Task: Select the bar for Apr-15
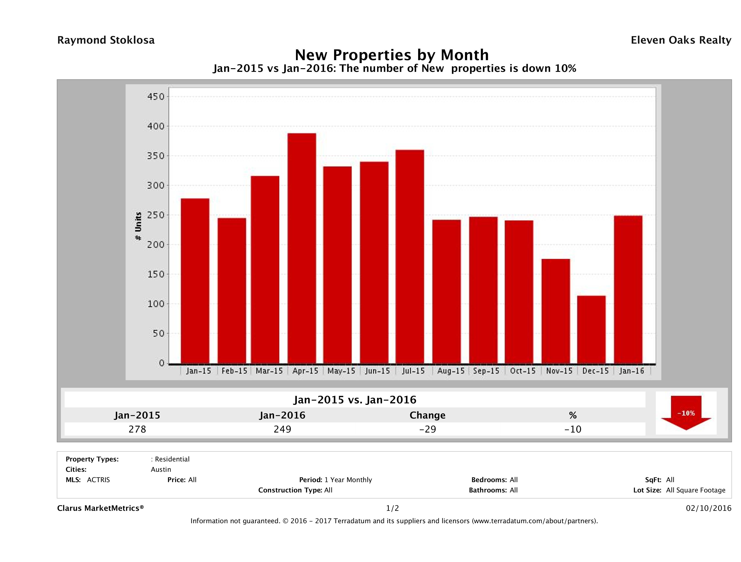[301, 248]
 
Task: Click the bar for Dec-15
[591, 330]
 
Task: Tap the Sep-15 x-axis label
[486, 371]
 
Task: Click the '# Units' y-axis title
[138, 226]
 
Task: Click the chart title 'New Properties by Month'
[392, 55]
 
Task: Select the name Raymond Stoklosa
[106, 40]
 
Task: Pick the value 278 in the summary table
[137, 429]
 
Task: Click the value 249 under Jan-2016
[282, 429]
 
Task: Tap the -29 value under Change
[428, 429]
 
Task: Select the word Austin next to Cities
[161, 469]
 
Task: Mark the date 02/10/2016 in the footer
[708, 508]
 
